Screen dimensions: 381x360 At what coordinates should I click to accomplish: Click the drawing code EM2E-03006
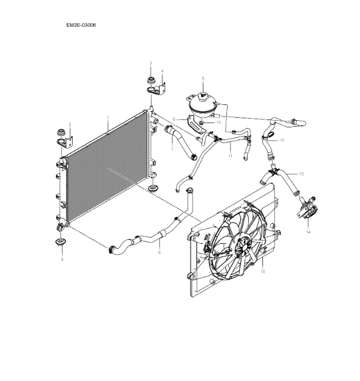click(x=81, y=25)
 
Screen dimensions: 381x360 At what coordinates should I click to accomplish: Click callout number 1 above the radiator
click(x=108, y=117)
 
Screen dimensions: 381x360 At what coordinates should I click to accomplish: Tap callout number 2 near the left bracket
click(x=70, y=124)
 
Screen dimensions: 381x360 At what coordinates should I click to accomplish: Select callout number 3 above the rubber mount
click(x=151, y=63)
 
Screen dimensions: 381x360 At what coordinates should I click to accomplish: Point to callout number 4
click(x=162, y=71)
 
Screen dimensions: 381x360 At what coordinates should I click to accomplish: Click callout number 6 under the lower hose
click(x=159, y=252)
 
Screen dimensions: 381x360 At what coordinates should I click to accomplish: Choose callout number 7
click(x=172, y=148)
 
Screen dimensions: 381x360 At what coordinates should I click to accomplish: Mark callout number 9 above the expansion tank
click(x=203, y=78)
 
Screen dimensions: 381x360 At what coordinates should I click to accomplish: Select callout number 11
click(x=230, y=157)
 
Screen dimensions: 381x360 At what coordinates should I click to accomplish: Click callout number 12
click(x=282, y=141)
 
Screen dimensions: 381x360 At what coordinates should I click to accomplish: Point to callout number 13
click(x=302, y=174)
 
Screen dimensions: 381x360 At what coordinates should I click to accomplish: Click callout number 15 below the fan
click(x=262, y=272)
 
